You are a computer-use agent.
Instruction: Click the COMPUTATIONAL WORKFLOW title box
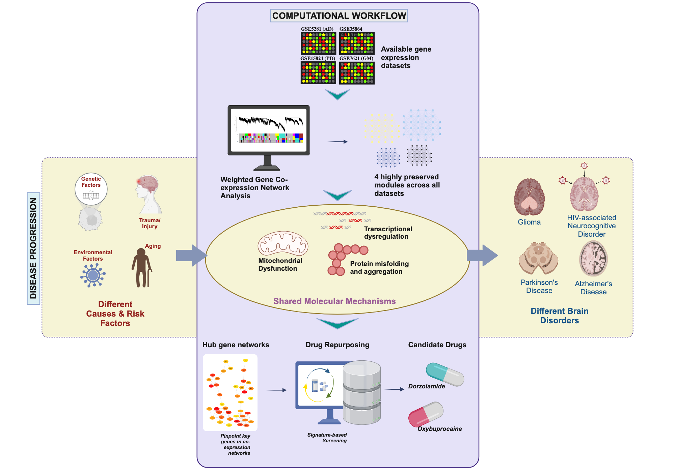(x=339, y=16)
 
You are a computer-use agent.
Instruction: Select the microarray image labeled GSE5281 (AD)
(x=318, y=43)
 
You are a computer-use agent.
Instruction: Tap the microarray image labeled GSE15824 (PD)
(x=318, y=73)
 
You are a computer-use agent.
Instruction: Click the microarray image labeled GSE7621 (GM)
(x=357, y=73)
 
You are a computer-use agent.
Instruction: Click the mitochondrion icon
(x=283, y=243)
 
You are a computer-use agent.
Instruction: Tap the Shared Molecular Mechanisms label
(x=334, y=301)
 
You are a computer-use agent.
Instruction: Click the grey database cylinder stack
(x=362, y=393)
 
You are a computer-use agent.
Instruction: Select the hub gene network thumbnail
(x=230, y=392)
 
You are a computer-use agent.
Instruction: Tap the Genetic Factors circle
(x=91, y=189)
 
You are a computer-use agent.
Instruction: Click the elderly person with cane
(x=141, y=268)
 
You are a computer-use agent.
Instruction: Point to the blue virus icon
(x=93, y=275)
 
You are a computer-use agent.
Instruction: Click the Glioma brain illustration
(x=529, y=197)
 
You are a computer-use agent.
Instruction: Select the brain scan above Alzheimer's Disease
(x=593, y=259)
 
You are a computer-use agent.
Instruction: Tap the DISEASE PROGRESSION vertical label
(x=33, y=248)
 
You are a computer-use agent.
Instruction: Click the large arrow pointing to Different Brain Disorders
(x=482, y=256)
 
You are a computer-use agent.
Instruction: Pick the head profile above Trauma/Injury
(x=148, y=194)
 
